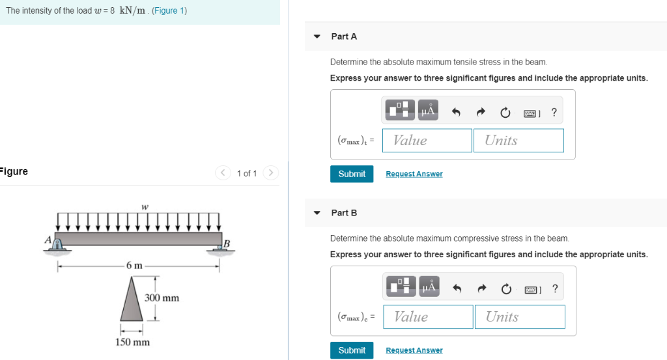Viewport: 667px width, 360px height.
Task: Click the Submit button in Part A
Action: coord(352,174)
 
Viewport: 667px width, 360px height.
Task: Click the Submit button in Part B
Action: coord(352,350)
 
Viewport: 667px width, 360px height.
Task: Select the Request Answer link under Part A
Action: coord(414,174)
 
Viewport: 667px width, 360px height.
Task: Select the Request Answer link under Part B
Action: coord(414,350)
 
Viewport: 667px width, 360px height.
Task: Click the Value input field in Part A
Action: coord(427,141)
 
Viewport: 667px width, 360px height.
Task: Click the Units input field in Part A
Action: coord(518,141)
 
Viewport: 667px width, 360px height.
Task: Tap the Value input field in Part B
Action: coord(428,317)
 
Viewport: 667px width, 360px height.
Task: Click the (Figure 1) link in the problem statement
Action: coord(169,11)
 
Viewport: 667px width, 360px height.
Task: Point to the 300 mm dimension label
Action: coord(162,298)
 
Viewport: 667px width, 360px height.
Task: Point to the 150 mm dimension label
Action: coord(133,342)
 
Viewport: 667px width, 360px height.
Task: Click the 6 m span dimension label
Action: coord(134,266)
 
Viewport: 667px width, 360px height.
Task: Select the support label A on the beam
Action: coord(48,239)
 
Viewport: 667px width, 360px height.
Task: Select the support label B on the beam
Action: coord(227,243)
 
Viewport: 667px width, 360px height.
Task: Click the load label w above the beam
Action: coord(144,206)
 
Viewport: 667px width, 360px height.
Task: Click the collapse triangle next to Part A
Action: coord(317,36)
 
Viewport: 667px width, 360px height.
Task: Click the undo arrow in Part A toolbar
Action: coord(456,113)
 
